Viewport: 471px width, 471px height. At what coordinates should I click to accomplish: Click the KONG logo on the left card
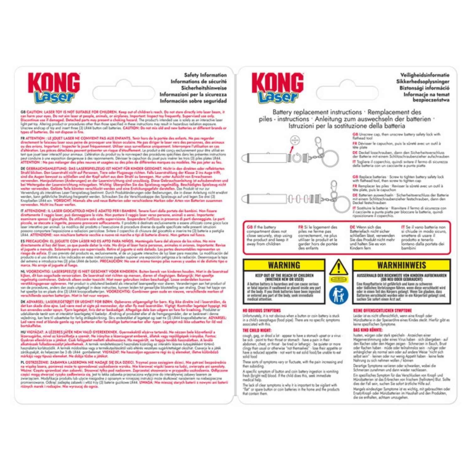point(54,83)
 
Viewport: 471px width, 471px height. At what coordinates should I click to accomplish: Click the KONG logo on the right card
point(277,83)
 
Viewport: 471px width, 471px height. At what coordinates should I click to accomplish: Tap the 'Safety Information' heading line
point(205,75)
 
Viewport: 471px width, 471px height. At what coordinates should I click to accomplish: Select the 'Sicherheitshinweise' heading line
point(204,88)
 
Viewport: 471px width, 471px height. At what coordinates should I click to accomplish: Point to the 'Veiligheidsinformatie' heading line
point(425,75)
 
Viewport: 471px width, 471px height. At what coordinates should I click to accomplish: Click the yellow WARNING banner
point(284,265)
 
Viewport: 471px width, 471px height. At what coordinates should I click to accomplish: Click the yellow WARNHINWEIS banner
point(401,265)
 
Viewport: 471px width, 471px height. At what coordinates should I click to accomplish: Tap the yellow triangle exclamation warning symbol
point(338,267)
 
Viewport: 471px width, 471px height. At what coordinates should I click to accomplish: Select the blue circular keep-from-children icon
point(338,295)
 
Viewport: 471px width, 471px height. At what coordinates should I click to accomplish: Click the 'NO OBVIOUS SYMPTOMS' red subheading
point(262,311)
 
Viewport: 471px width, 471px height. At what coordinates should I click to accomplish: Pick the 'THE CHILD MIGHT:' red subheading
point(257,330)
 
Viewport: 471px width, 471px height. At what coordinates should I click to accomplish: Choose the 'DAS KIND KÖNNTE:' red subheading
point(368,330)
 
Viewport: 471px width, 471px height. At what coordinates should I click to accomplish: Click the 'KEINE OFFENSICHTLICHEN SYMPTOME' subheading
point(382,311)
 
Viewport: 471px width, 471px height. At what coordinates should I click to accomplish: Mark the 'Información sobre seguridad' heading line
point(193,101)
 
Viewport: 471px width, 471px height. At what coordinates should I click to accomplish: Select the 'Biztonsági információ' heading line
point(424,88)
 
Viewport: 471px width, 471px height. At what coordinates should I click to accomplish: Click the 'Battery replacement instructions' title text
point(317,112)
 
